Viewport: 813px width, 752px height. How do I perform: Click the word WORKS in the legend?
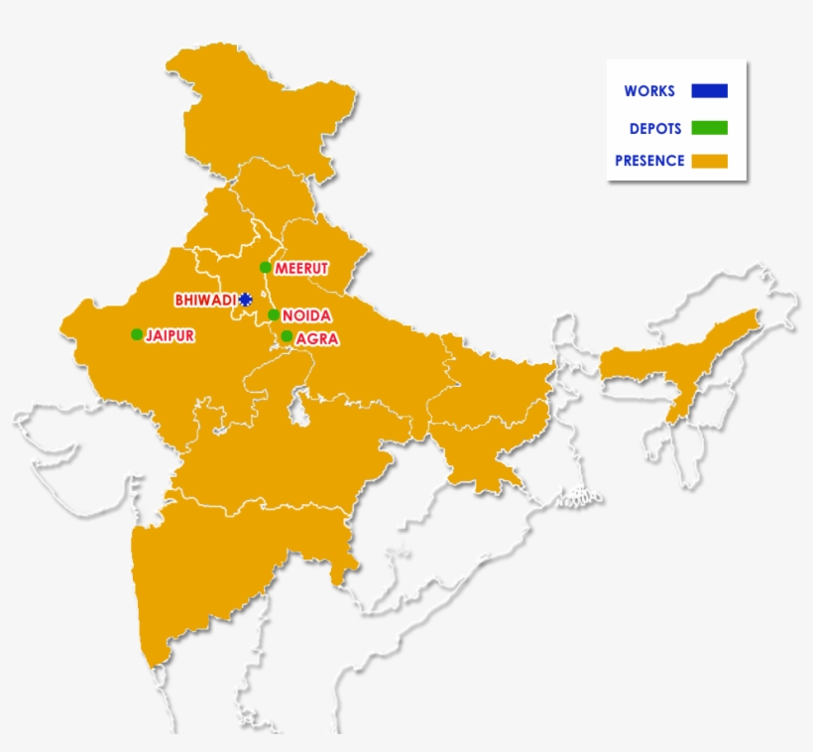coord(649,91)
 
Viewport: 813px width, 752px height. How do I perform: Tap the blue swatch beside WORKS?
coord(710,91)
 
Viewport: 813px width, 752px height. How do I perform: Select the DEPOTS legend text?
coord(654,128)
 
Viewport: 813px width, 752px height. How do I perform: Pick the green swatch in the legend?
coord(710,128)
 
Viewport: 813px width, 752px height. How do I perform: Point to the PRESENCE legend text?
coord(649,161)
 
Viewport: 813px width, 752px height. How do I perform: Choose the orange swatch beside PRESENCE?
coord(710,161)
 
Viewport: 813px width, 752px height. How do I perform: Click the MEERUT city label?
coord(300,268)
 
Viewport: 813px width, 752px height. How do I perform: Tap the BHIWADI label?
coord(205,300)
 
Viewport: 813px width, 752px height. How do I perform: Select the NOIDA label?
coord(306,315)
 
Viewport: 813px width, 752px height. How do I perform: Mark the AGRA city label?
coord(317,338)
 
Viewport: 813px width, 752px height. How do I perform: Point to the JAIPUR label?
coord(170,335)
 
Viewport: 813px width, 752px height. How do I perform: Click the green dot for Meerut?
coord(265,267)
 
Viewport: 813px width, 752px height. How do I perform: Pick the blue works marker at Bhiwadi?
coord(246,300)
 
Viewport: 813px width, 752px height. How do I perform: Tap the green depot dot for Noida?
coord(274,315)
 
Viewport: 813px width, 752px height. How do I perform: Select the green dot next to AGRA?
coord(287,336)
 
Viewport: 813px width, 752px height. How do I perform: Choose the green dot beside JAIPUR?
coord(137,334)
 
